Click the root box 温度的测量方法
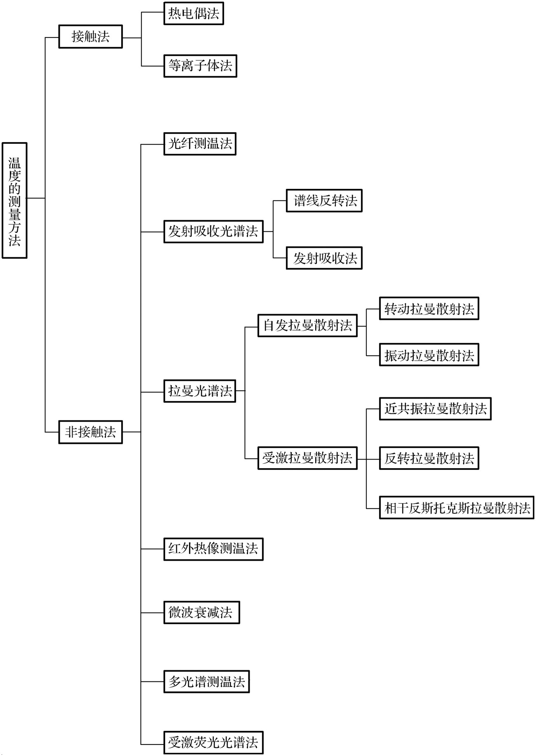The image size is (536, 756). click(14, 200)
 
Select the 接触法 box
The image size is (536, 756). click(91, 37)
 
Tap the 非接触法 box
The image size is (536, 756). click(91, 432)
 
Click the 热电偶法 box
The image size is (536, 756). click(194, 14)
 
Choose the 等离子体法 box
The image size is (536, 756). click(200, 66)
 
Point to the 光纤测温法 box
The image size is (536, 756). click(200, 144)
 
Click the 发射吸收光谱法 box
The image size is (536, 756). click(213, 232)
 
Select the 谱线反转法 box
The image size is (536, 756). click(324, 201)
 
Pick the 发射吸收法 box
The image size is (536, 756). click(324, 258)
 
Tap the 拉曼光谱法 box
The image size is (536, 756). click(200, 391)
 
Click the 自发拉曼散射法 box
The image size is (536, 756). click(307, 326)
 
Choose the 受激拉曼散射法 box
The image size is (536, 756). click(307, 458)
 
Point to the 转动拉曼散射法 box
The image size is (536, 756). click(429, 308)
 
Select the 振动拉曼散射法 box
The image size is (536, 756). click(429, 355)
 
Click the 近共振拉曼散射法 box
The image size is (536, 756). click(435, 409)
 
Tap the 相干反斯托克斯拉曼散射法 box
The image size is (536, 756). click(456, 507)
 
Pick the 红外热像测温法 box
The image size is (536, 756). click(213, 549)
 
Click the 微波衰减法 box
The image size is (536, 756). click(201, 613)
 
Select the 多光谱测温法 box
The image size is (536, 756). click(206, 681)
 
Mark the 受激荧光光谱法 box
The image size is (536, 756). click(213, 742)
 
